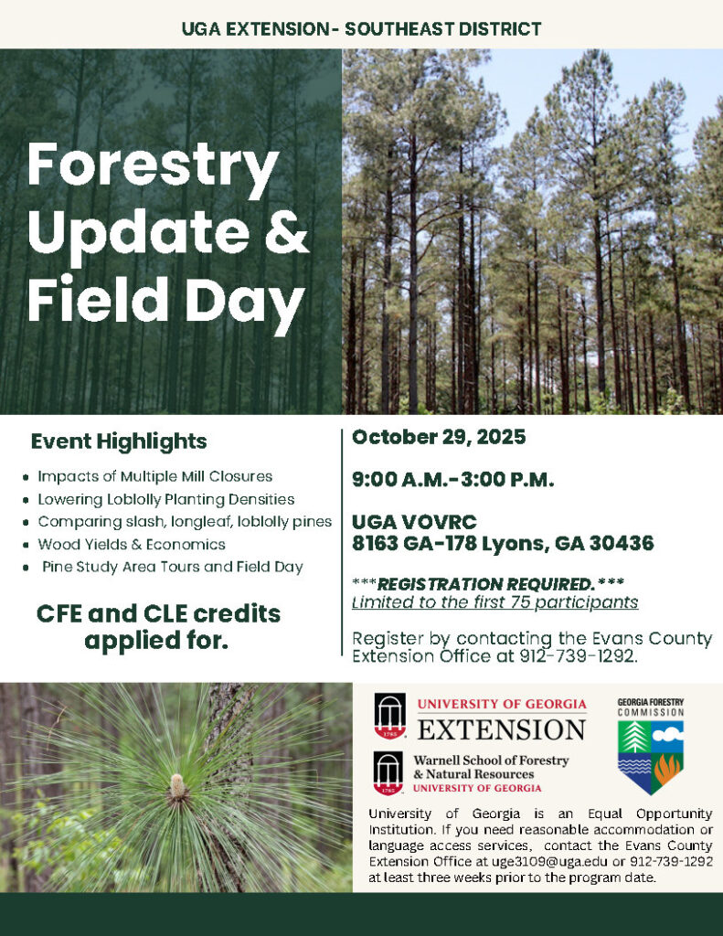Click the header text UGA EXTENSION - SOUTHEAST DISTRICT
[361, 28]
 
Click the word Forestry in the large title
[153, 165]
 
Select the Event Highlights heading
[119, 441]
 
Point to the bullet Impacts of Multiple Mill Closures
[155, 476]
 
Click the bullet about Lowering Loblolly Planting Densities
[166, 499]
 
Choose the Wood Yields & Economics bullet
[132, 545]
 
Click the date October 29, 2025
[439, 438]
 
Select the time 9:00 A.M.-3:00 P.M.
[452, 479]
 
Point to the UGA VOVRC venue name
[414, 522]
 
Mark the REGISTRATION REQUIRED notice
[488, 584]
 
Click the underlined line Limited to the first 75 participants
[494, 601]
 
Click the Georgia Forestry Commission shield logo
[651, 757]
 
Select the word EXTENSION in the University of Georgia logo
[502, 729]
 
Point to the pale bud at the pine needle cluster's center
[177, 785]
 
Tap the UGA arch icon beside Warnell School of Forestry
[388, 773]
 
